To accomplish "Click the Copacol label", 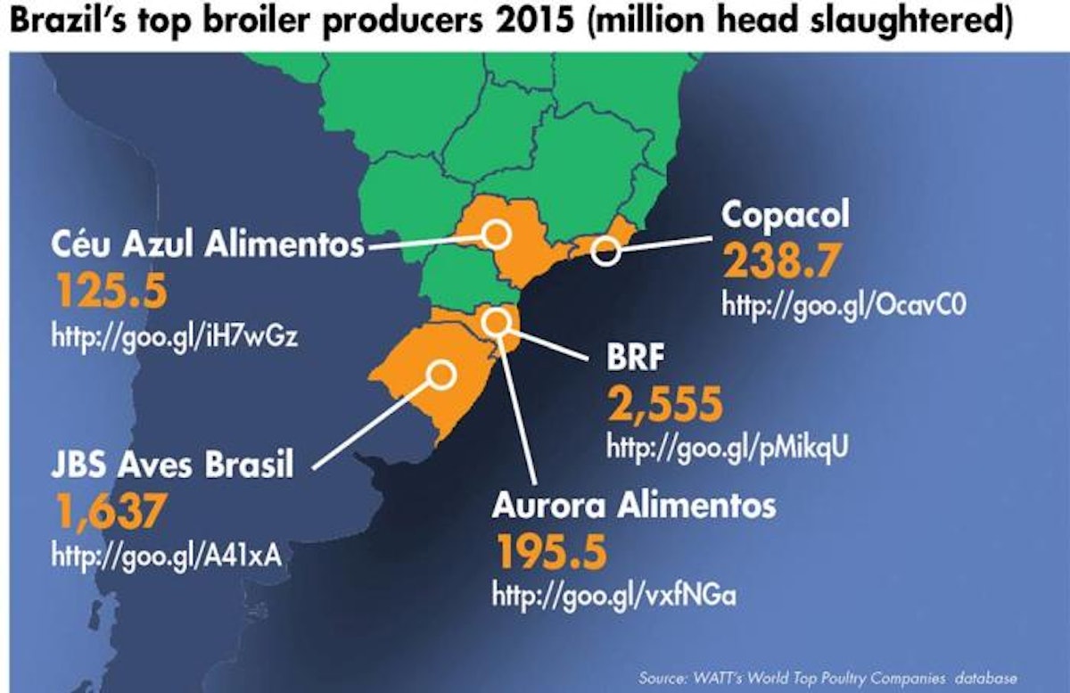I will pos(786,215).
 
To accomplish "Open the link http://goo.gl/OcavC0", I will pos(844,306).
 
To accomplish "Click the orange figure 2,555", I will pos(664,406).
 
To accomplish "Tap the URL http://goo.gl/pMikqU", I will pos(726,449).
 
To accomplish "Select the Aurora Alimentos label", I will pos(633,507).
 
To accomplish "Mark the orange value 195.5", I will pos(551,552).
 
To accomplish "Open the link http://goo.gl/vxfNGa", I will pos(613,596).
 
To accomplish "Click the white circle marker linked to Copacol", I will pos(605,252).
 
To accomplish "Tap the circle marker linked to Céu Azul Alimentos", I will pos(496,235).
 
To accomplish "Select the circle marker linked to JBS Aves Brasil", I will pos(440,375).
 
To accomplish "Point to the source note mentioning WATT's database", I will pos(827,677).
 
